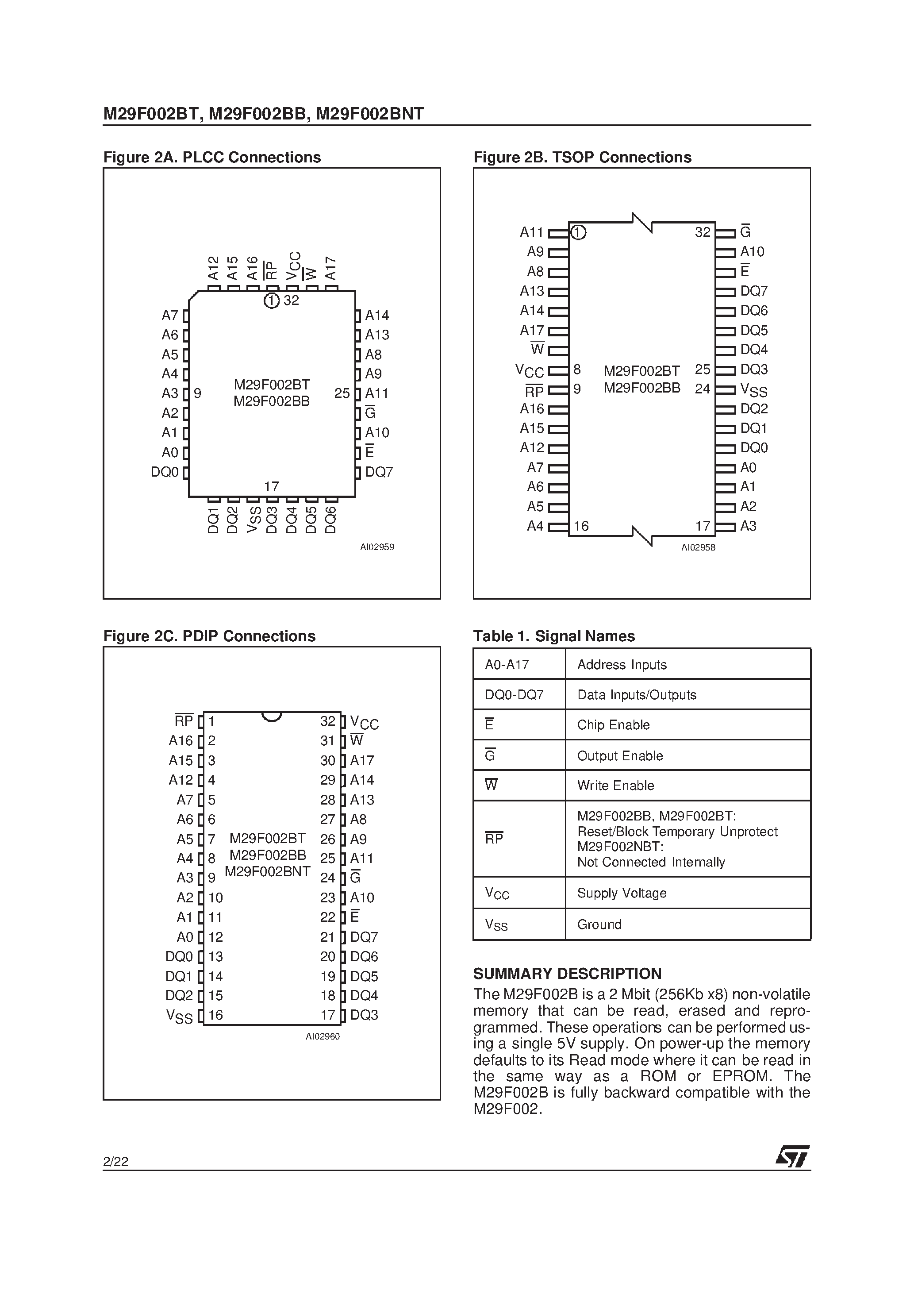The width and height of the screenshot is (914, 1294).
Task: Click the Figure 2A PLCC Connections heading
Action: (212, 157)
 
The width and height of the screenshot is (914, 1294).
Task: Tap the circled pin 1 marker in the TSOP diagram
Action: (578, 232)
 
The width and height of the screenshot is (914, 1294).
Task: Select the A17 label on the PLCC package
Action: (331, 268)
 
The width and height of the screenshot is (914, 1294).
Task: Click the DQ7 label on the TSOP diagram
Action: (753, 291)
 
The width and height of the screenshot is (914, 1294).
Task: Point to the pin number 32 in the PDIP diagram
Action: (327, 721)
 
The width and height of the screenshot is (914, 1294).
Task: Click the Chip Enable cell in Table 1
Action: (613, 725)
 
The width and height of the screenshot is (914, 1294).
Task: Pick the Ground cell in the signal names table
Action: (599, 924)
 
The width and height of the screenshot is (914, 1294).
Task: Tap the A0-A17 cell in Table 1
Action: (507, 664)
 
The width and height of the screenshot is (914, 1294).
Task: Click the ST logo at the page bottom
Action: (792, 1156)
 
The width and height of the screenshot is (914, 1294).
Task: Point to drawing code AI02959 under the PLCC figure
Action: (377, 547)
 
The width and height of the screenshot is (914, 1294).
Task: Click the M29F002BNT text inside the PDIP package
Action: (267, 871)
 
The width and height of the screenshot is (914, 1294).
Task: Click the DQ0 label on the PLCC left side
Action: (165, 472)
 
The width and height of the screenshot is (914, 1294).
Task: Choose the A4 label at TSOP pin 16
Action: (535, 526)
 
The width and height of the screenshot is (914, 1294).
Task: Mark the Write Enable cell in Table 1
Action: (615, 786)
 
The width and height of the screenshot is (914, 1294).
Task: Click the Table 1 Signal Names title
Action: (553, 636)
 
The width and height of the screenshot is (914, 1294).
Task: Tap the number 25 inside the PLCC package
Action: (342, 393)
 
